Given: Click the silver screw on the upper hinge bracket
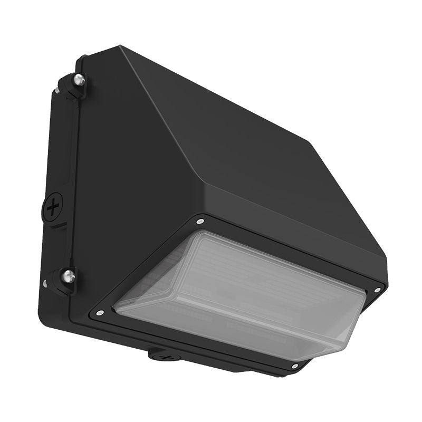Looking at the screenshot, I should [x=79, y=80].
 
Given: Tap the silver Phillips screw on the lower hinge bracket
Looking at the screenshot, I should [x=68, y=275].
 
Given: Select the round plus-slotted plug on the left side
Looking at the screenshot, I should [x=53, y=207].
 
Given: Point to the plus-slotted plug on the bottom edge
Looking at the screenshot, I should [x=167, y=357].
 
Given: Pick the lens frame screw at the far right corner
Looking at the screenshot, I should [x=377, y=290].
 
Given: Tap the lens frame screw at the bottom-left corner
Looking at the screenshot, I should [x=99, y=313].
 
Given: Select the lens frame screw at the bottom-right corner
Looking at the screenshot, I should [x=294, y=366].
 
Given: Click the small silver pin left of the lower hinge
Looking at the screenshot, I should [x=45, y=283].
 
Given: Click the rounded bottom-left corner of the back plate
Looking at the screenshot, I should [x=45, y=316].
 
